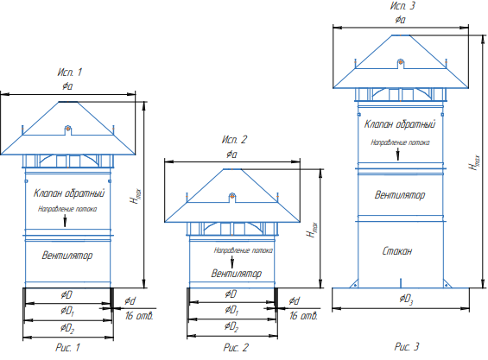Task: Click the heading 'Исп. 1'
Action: pos(69,73)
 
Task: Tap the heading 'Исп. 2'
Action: pos(234,139)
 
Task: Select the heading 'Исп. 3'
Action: pos(402,5)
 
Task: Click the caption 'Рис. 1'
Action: pos(68,347)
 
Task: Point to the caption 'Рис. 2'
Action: pos(236,347)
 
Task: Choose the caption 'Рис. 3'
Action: pos(407,346)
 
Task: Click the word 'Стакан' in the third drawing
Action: pos(397,250)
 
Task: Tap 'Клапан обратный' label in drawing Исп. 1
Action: pos(69,193)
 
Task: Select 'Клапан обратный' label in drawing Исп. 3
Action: pos(400,124)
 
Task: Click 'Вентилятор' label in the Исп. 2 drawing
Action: pos(237,274)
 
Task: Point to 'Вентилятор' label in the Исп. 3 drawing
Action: pos(400,195)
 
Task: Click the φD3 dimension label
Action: pos(406,300)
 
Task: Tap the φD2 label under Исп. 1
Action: pos(67,328)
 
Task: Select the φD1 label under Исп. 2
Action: pos(231,310)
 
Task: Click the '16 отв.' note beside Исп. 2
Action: pos(304,316)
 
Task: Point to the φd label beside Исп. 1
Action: pos(130,301)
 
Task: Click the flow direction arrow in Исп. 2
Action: pos(232,262)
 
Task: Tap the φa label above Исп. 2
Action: pos(231,155)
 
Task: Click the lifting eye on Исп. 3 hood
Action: pos(401,62)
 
